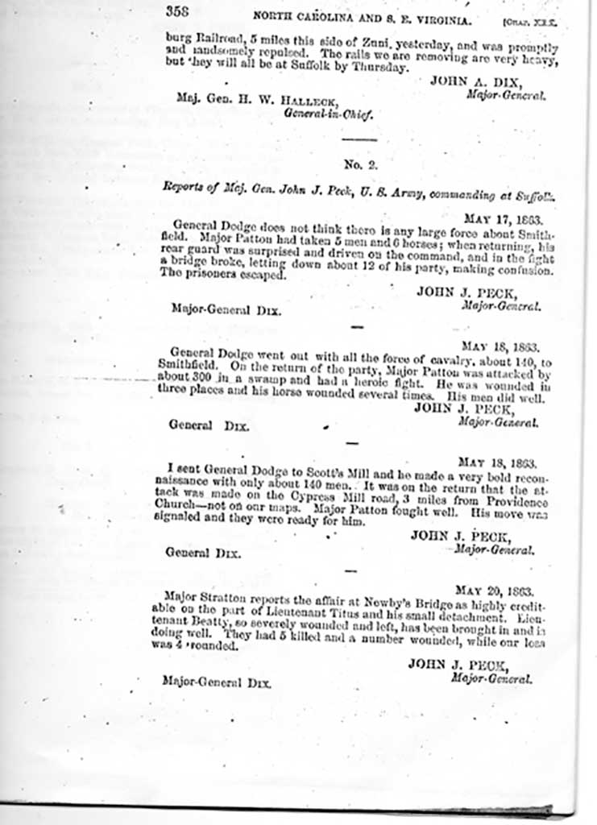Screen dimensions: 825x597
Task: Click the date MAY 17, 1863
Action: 502,218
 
